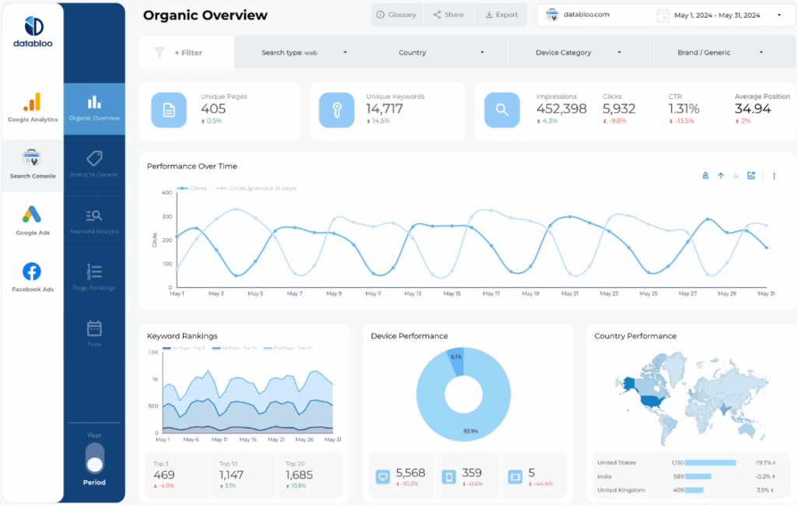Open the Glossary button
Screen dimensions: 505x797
[395, 15]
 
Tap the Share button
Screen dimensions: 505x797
[448, 15]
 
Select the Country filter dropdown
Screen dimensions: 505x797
[440, 53]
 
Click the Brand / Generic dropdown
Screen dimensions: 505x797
[714, 53]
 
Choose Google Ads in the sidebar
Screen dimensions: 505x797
[32, 220]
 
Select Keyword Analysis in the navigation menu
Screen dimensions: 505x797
[94, 220]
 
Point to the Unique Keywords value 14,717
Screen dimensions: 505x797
[384, 109]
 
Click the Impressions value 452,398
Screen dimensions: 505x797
[561, 109]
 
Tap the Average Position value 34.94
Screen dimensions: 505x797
[753, 109]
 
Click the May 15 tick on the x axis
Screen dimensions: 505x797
[452, 294]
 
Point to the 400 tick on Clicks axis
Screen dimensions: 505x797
[167, 193]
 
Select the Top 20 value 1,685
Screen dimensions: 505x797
[299, 475]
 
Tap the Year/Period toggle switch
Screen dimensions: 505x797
[95, 458]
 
